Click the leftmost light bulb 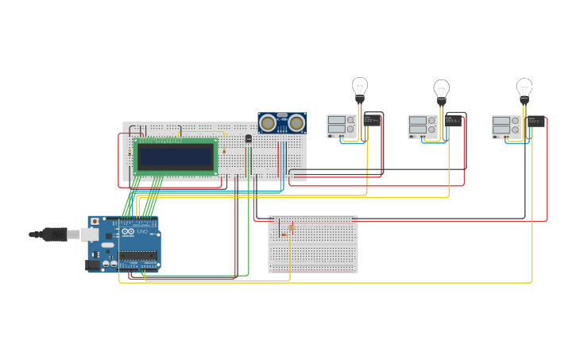(360, 87)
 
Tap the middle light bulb (441, 89)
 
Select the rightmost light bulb (524, 87)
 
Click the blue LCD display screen (175, 156)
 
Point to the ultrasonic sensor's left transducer (269, 122)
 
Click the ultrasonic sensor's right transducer (296, 122)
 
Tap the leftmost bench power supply (341, 126)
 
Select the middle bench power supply (423, 126)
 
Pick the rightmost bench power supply (505, 126)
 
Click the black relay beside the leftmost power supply (373, 121)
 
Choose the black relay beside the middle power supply (454, 121)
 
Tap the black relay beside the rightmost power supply (536, 122)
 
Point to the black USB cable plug (56, 234)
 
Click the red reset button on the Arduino (95, 221)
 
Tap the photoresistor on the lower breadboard (291, 228)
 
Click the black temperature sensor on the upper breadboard (249, 139)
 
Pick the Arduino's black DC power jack (93, 264)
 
